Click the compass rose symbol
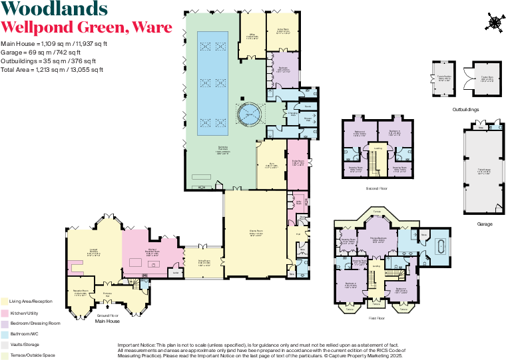495,24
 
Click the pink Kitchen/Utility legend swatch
5,313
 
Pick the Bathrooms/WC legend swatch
5,334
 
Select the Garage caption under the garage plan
485,224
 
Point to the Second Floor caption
378,189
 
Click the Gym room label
272,166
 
